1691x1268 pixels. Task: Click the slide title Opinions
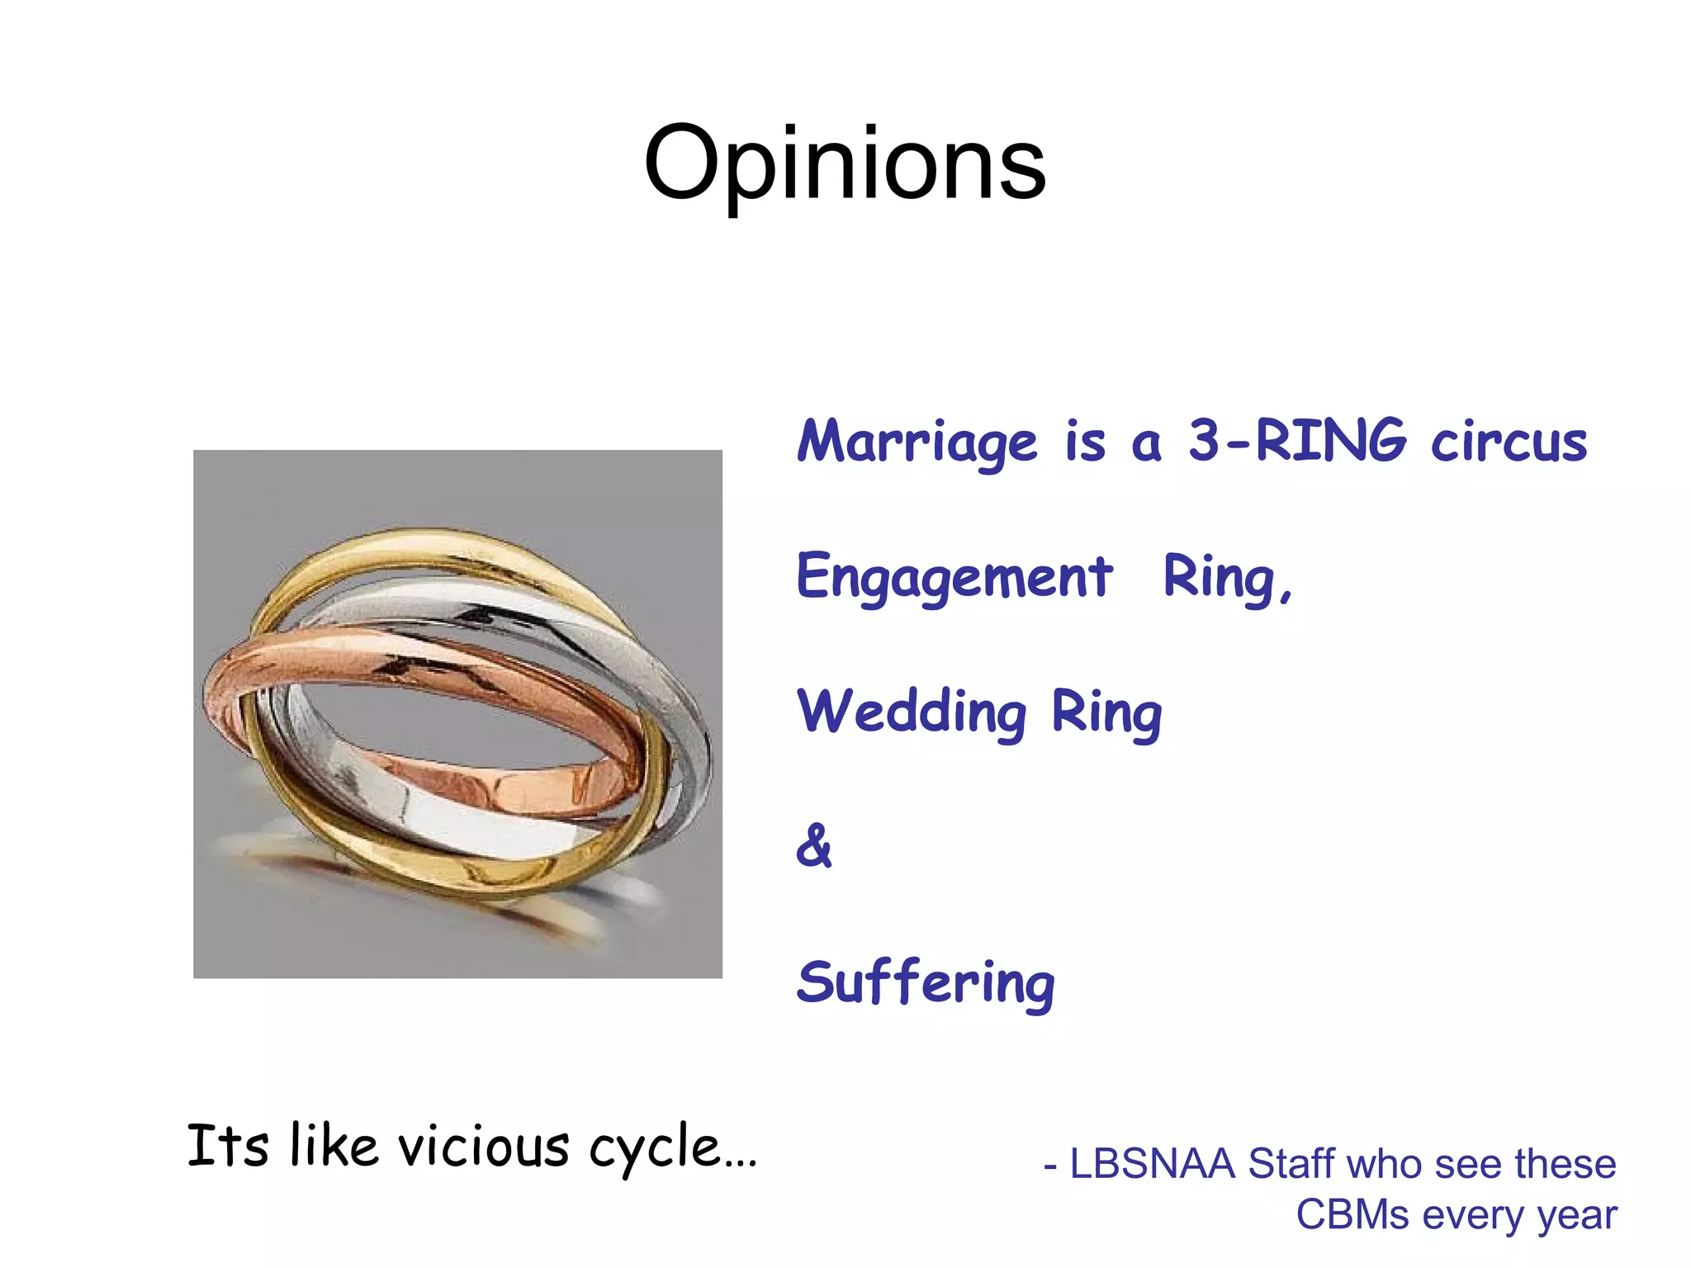[x=845, y=163]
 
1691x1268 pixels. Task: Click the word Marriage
[x=917, y=442]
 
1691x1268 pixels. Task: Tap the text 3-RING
[x=1296, y=440]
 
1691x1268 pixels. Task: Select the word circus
[x=1509, y=442]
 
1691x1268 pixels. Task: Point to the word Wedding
[x=912, y=712]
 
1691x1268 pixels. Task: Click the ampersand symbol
[x=814, y=846]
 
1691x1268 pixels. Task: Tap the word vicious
[x=484, y=1147]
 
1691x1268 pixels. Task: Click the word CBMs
[x=1352, y=1214]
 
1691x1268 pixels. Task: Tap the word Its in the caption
[x=228, y=1146]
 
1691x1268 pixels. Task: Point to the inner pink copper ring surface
[x=528, y=788]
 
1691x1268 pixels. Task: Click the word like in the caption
[x=334, y=1146]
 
